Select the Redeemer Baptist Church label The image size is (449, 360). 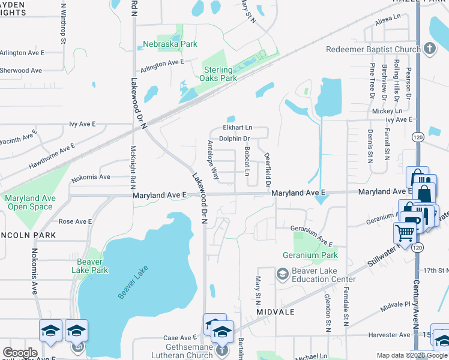372,49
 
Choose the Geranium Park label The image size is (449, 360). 310,255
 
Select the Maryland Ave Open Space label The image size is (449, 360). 30,202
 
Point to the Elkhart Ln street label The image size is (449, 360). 238,128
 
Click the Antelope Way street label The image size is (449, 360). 212,160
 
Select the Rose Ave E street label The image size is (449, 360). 75,221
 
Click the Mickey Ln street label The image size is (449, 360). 387,111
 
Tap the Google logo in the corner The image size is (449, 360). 19,353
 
